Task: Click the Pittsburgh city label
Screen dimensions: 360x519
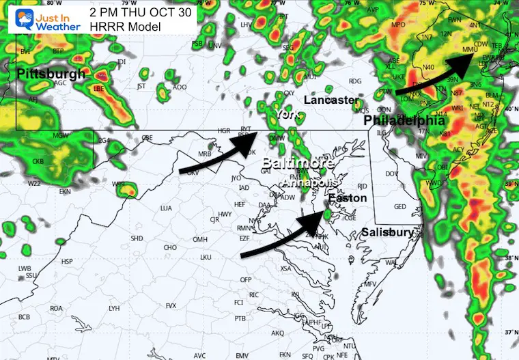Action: click(51, 73)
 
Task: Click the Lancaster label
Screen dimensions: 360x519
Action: click(331, 100)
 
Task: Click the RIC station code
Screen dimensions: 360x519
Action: click(254, 294)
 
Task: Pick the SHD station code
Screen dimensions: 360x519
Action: click(137, 238)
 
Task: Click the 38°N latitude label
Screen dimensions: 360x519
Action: click(509, 259)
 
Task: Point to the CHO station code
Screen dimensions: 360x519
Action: click(171, 247)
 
